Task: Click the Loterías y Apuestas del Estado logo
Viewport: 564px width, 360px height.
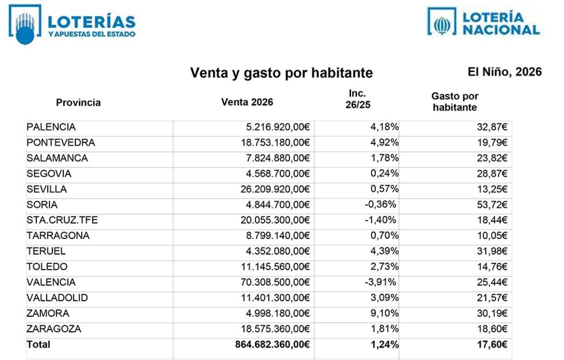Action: [x=72, y=24]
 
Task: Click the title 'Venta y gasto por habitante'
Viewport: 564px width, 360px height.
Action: [x=281, y=73]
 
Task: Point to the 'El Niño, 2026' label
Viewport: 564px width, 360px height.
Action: [x=504, y=72]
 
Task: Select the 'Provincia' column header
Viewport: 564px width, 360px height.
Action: [x=78, y=103]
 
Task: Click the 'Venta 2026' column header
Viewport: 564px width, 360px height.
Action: [x=247, y=102]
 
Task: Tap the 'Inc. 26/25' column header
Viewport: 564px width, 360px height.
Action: [x=358, y=99]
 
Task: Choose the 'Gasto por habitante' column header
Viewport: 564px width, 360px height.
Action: [x=455, y=102]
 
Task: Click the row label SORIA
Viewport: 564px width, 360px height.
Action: [x=42, y=205]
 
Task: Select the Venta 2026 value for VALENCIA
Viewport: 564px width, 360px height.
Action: [x=275, y=282]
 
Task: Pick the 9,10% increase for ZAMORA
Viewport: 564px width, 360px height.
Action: [x=384, y=313]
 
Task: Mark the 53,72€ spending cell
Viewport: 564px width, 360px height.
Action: [x=492, y=205]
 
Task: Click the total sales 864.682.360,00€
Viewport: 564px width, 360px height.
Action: [x=272, y=345]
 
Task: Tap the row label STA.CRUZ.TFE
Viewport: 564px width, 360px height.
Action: [x=62, y=220]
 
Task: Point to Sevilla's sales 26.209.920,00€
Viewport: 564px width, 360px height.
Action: [x=275, y=189]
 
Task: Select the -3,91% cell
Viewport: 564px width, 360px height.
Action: [x=380, y=282]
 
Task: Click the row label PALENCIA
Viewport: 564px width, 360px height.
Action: [x=51, y=127]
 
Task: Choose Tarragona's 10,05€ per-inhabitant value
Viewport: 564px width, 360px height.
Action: [x=492, y=236]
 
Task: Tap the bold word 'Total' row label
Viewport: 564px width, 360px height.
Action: [x=38, y=345]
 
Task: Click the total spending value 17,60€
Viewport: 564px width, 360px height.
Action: [x=492, y=345]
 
